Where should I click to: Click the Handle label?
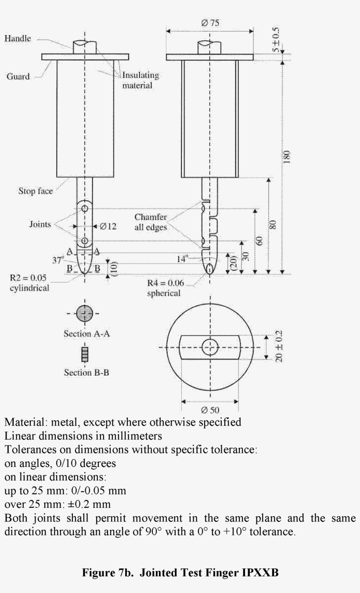[18, 39]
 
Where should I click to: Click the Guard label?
[18, 76]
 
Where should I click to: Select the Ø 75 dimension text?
[210, 23]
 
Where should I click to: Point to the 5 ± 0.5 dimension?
[276, 40]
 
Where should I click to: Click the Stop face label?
[35, 191]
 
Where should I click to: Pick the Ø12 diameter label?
[108, 227]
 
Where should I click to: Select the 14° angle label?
[183, 259]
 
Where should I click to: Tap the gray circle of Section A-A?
[85, 314]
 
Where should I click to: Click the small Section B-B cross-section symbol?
[85, 354]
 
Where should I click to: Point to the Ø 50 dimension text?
[210, 411]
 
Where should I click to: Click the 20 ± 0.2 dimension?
[277, 347]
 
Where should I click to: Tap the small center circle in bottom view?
[210, 347]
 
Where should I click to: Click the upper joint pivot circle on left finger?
[85, 208]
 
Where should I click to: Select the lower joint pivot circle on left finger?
[85, 241]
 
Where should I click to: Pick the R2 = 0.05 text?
[28, 278]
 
